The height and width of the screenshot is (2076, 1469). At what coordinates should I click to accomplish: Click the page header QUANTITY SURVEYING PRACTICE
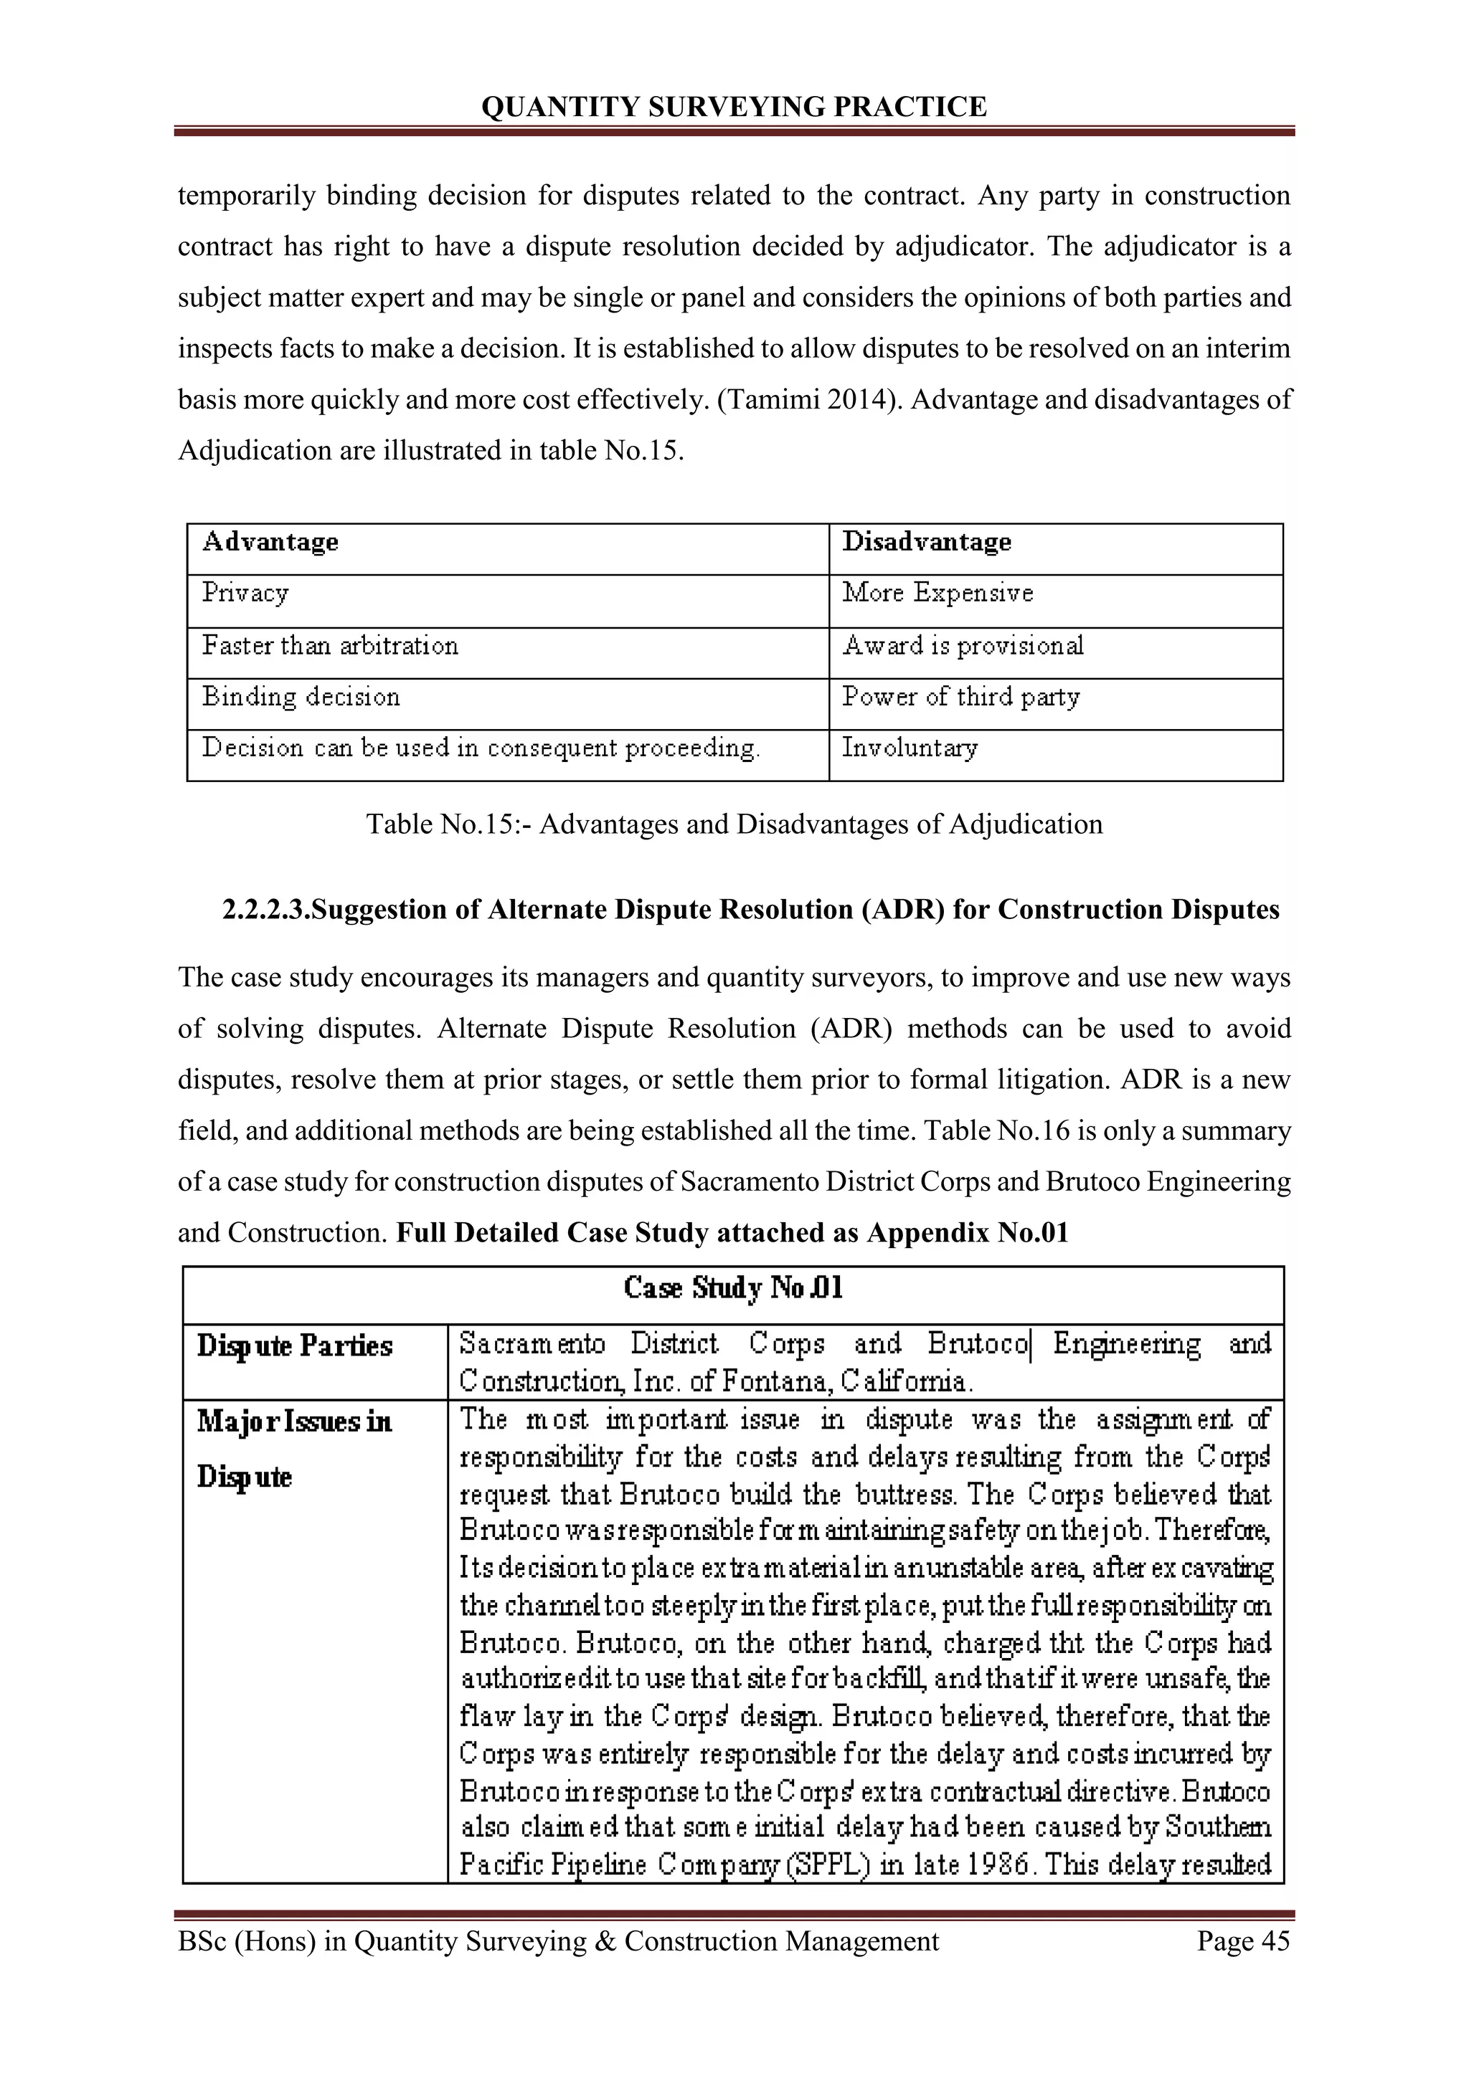tap(734, 107)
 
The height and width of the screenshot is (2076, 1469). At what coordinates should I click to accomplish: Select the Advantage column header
tap(270, 542)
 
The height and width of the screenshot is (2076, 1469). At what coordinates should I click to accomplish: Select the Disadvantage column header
tap(926, 542)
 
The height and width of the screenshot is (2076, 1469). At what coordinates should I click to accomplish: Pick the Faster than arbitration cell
tap(330, 646)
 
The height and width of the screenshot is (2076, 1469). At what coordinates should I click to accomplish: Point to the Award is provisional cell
tap(963, 646)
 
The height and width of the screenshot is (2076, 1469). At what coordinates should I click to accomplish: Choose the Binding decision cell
tap(301, 697)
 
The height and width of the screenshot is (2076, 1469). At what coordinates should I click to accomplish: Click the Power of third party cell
tap(960, 697)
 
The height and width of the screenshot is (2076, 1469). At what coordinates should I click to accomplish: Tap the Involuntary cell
tap(909, 748)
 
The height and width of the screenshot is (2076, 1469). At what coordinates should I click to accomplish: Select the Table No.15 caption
tap(734, 824)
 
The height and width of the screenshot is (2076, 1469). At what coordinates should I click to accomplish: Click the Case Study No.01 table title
tap(734, 1288)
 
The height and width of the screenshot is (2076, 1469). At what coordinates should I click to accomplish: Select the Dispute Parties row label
tap(295, 1346)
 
